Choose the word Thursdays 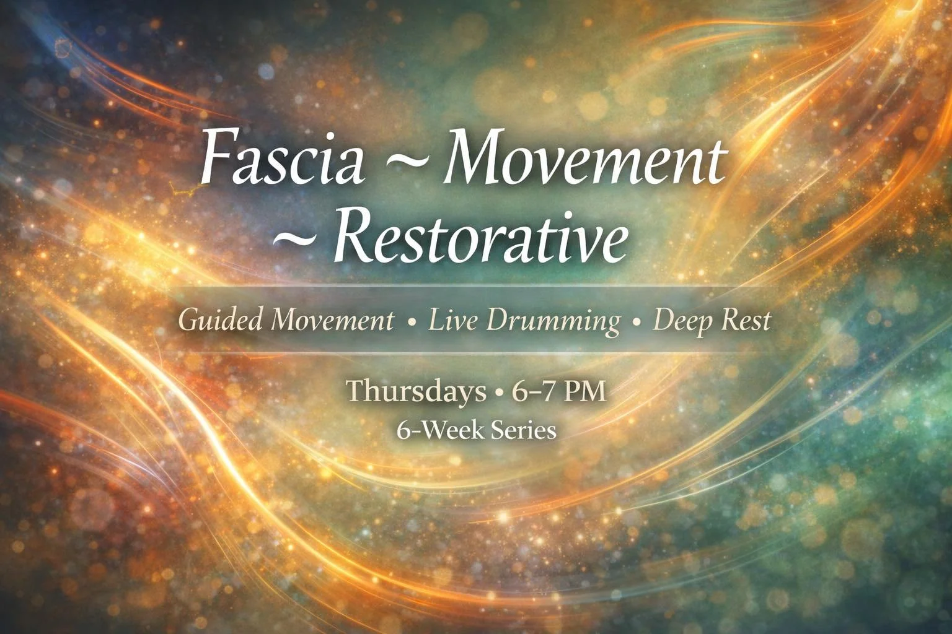click(416, 392)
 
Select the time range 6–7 click(532, 392)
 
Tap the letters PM click(585, 392)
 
